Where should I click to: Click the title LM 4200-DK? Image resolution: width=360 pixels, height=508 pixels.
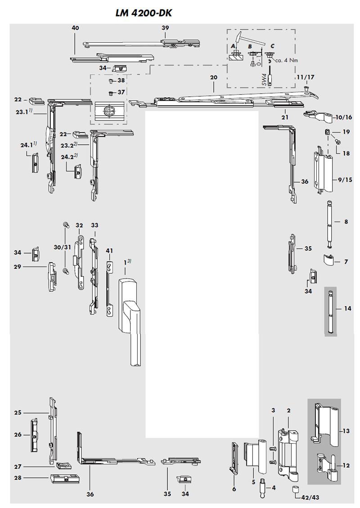tap(144, 13)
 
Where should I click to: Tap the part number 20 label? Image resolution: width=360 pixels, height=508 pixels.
tap(213, 77)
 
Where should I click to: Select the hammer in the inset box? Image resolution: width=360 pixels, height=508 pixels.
tap(239, 40)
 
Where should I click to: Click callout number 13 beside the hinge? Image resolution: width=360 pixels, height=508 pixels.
tap(346, 431)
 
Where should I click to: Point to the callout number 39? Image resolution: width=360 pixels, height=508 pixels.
tap(165, 28)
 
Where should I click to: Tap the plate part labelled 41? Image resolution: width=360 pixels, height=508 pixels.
tap(109, 288)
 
